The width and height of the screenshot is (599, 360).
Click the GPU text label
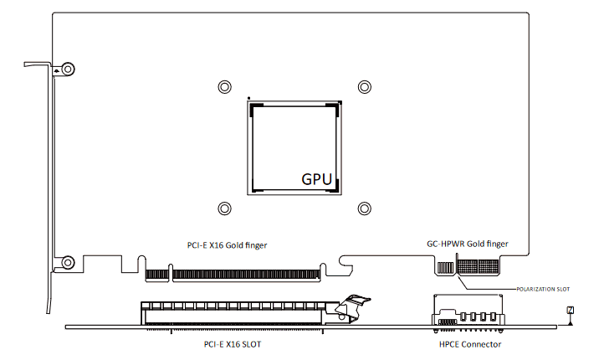pos(317,178)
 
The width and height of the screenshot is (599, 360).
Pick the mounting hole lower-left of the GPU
pos(223,208)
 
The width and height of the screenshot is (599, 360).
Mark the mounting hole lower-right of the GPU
pos(364,208)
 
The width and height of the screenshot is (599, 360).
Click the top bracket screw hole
pos(68,69)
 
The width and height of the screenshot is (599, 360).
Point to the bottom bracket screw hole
pos(68,262)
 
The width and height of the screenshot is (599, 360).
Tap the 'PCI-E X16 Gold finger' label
pos(233,245)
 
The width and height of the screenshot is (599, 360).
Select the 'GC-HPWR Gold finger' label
pos(467,244)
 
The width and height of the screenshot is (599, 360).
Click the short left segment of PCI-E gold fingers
pos(156,273)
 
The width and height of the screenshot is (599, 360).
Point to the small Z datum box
pos(571,311)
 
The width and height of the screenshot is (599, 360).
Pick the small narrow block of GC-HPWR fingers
pos(444,267)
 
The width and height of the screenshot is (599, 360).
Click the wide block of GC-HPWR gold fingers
pos(477,267)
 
